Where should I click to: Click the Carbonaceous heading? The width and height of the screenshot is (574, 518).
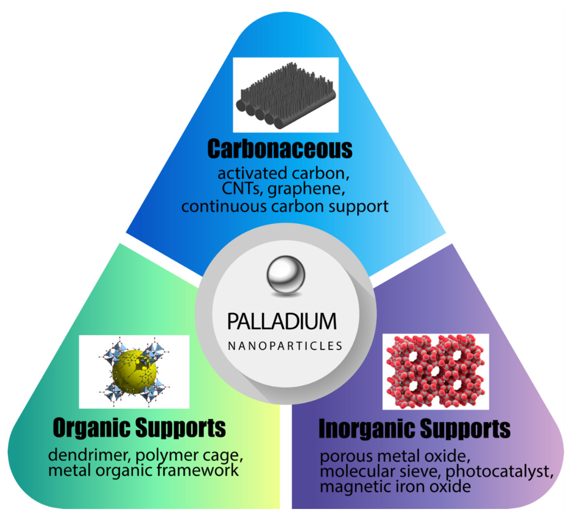coord(280,149)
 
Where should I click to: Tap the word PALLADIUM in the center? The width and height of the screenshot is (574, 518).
coord(282,322)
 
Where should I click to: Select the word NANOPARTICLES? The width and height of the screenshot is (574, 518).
coord(285,346)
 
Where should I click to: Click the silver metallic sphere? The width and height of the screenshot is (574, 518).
coord(285,275)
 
